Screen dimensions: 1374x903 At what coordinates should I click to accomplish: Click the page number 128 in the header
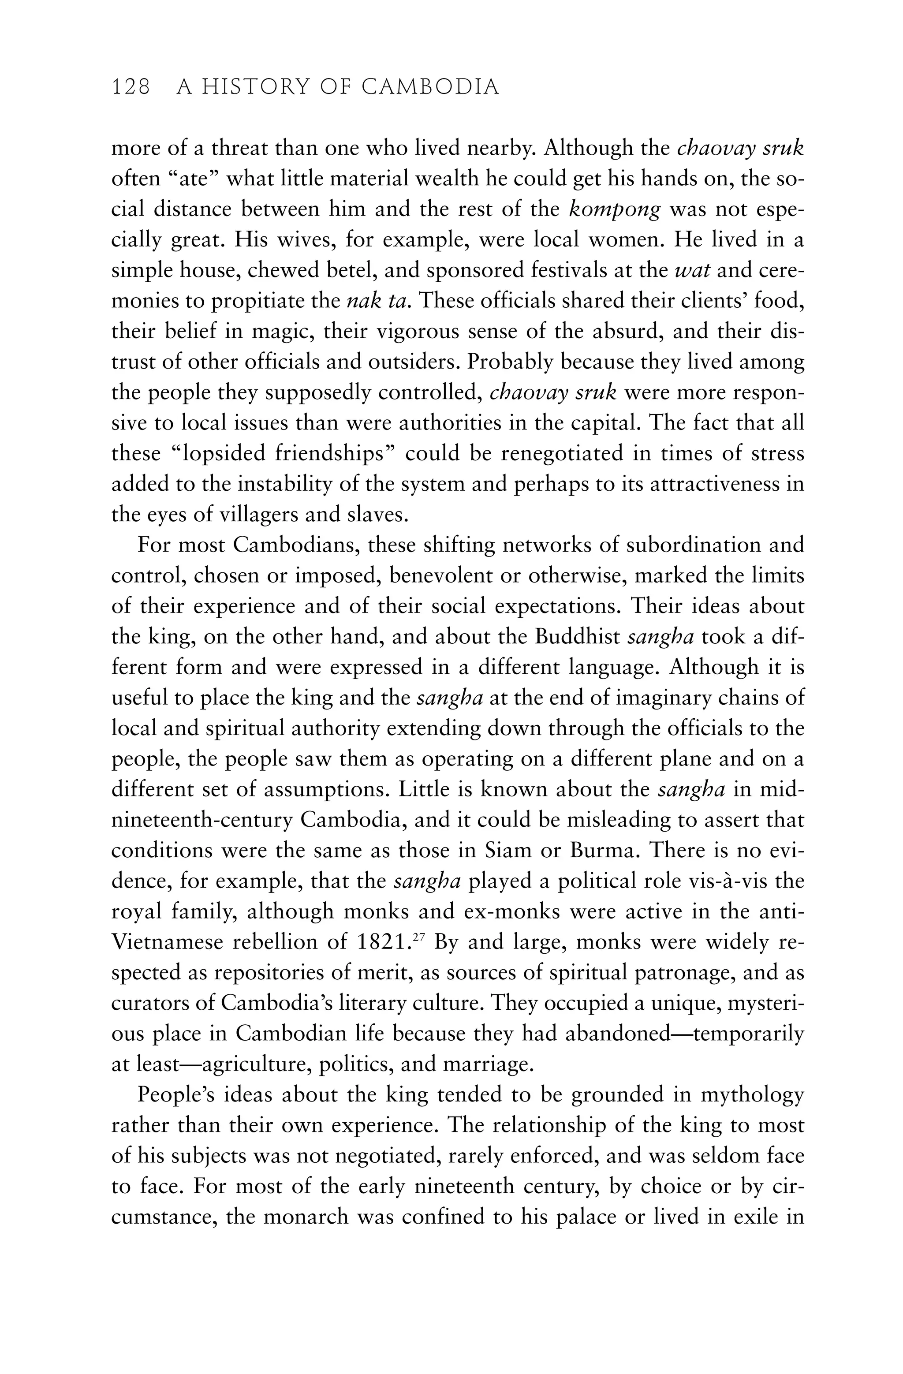coord(131,87)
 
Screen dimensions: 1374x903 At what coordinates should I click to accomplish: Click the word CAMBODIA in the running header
coord(429,87)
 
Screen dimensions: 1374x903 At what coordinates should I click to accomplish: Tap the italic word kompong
coord(614,209)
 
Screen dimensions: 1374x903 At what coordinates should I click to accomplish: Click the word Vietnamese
coord(166,942)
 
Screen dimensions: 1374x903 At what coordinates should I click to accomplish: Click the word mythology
coord(752,1095)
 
